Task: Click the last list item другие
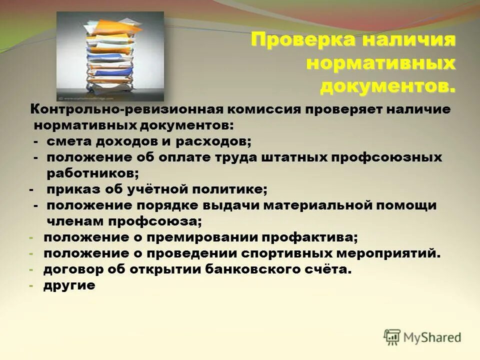[x=68, y=285]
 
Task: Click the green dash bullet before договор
[x=31, y=270]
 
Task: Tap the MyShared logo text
[x=432, y=337]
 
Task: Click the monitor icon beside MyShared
[x=392, y=337]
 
